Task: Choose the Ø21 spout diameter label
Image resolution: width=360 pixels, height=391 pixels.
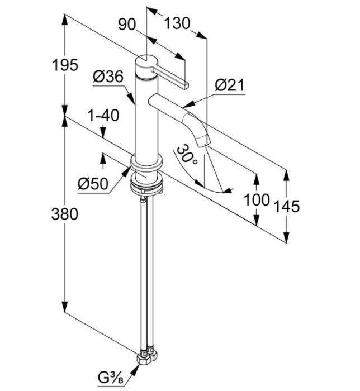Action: click(230, 85)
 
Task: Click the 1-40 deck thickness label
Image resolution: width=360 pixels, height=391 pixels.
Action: click(103, 116)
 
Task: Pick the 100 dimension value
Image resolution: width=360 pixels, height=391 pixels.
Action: click(257, 199)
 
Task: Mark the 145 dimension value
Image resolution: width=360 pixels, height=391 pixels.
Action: click(287, 206)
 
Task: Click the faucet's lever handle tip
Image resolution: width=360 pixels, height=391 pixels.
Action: click(185, 84)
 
